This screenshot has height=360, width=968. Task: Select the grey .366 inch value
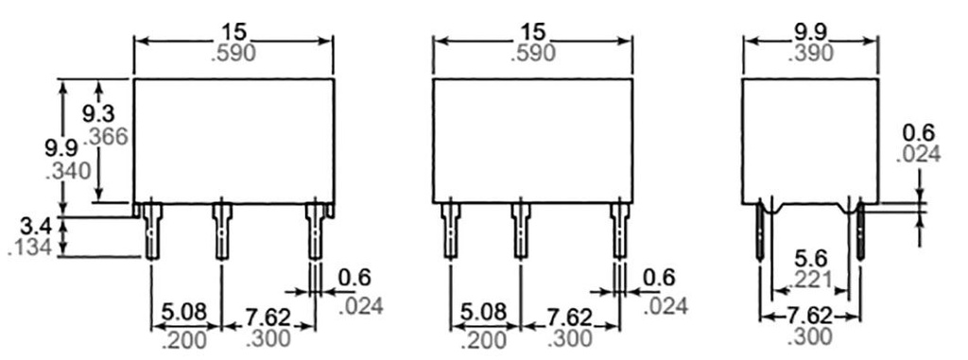(x=107, y=136)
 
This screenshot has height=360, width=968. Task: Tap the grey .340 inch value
(x=68, y=170)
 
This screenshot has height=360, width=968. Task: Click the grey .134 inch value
(x=29, y=248)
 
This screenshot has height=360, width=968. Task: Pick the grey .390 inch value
(x=810, y=53)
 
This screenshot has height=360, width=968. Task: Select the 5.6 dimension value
(x=811, y=258)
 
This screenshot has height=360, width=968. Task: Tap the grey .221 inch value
(x=810, y=281)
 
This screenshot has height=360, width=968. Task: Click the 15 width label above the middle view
(x=533, y=31)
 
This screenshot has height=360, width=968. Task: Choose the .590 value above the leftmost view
(x=233, y=53)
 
